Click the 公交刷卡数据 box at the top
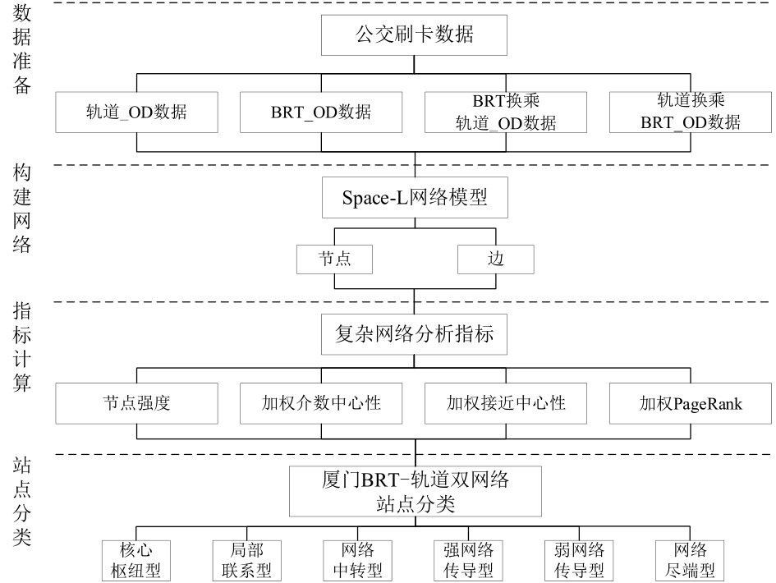(414, 34)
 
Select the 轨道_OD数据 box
(136, 112)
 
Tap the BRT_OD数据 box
(321, 112)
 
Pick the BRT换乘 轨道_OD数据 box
(506, 112)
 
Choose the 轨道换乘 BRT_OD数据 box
(691, 112)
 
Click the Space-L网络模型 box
(415, 197)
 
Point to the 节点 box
(334, 259)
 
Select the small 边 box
(496, 259)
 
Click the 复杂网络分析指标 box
(414, 334)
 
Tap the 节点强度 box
(136, 403)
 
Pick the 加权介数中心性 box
(321, 403)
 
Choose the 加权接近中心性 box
(506, 403)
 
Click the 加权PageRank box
(691, 403)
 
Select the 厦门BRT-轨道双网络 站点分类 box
(416, 491)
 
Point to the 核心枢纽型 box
(136, 561)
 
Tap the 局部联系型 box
(247, 561)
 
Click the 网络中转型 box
(357, 561)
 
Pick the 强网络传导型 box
(468, 561)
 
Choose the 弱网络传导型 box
(579, 561)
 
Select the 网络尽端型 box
(690, 561)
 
